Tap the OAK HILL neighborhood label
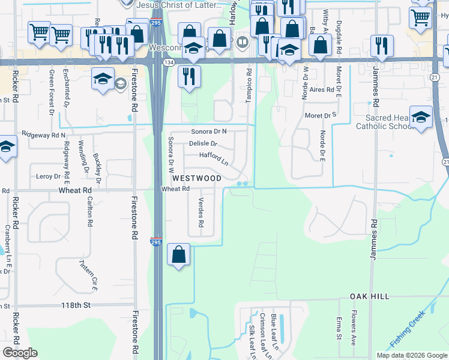(x=370, y=296)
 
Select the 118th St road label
(x=75, y=305)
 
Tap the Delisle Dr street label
(x=202, y=144)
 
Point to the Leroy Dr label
(x=49, y=176)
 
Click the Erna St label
(x=339, y=328)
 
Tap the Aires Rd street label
(x=321, y=89)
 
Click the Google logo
(x=20, y=353)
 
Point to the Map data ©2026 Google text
(x=412, y=355)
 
